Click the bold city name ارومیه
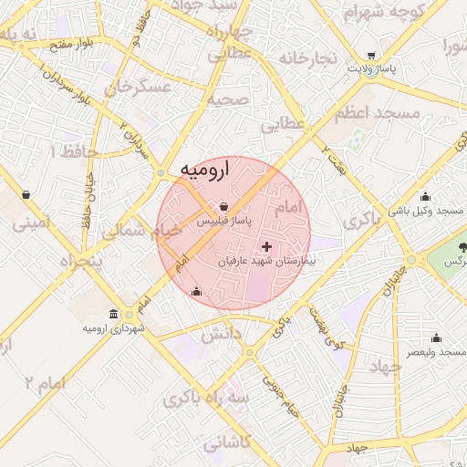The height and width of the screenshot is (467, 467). tap(204, 170)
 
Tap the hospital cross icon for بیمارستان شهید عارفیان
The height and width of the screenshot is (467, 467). tap(266, 247)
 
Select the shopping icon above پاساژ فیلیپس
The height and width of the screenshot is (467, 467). tap(224, 205)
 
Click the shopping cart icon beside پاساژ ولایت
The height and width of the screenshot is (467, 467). tap(371, 55)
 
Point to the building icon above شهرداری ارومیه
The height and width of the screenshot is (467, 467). tap(113, 314)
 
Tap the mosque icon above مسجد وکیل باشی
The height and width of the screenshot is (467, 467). tap(425, 196)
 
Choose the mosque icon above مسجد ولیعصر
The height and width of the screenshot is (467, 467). tap(435, 337)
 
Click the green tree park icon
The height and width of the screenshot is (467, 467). tap(461, 247)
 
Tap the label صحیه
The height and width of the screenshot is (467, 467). tap(228, 99)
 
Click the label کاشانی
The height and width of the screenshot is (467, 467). tap(228, 444)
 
